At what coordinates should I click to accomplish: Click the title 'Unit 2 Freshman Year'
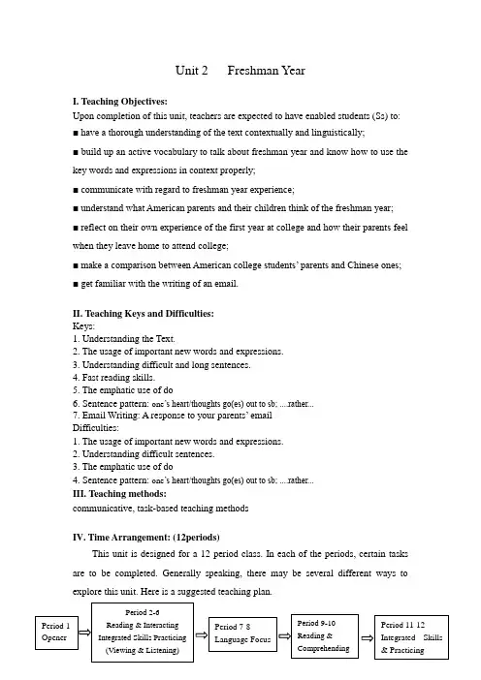[x=240, y=71]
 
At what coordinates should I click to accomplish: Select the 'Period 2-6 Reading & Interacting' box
[x=144, y=633]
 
